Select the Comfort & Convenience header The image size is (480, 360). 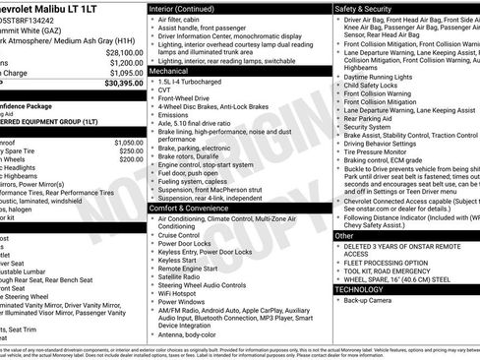[195, 209]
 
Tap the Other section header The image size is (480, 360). [344, 236]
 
